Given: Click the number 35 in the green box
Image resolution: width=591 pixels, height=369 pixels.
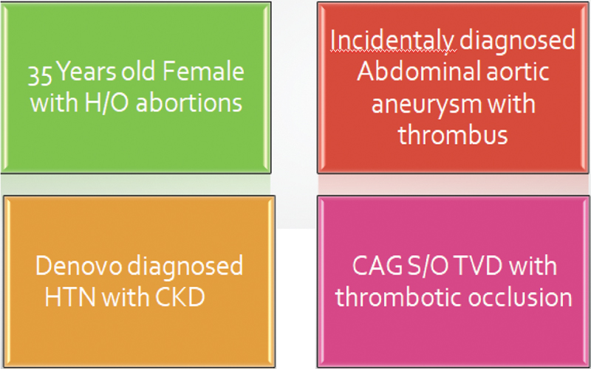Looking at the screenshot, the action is click(x=41, y=74).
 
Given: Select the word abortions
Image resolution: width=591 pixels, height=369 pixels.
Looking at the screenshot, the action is click(x=189, y=103).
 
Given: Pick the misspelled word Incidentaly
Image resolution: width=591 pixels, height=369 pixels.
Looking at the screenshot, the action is click(x=393, y=40).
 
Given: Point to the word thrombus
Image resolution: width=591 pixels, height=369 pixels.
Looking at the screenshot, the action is click(x=453, y=134).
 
